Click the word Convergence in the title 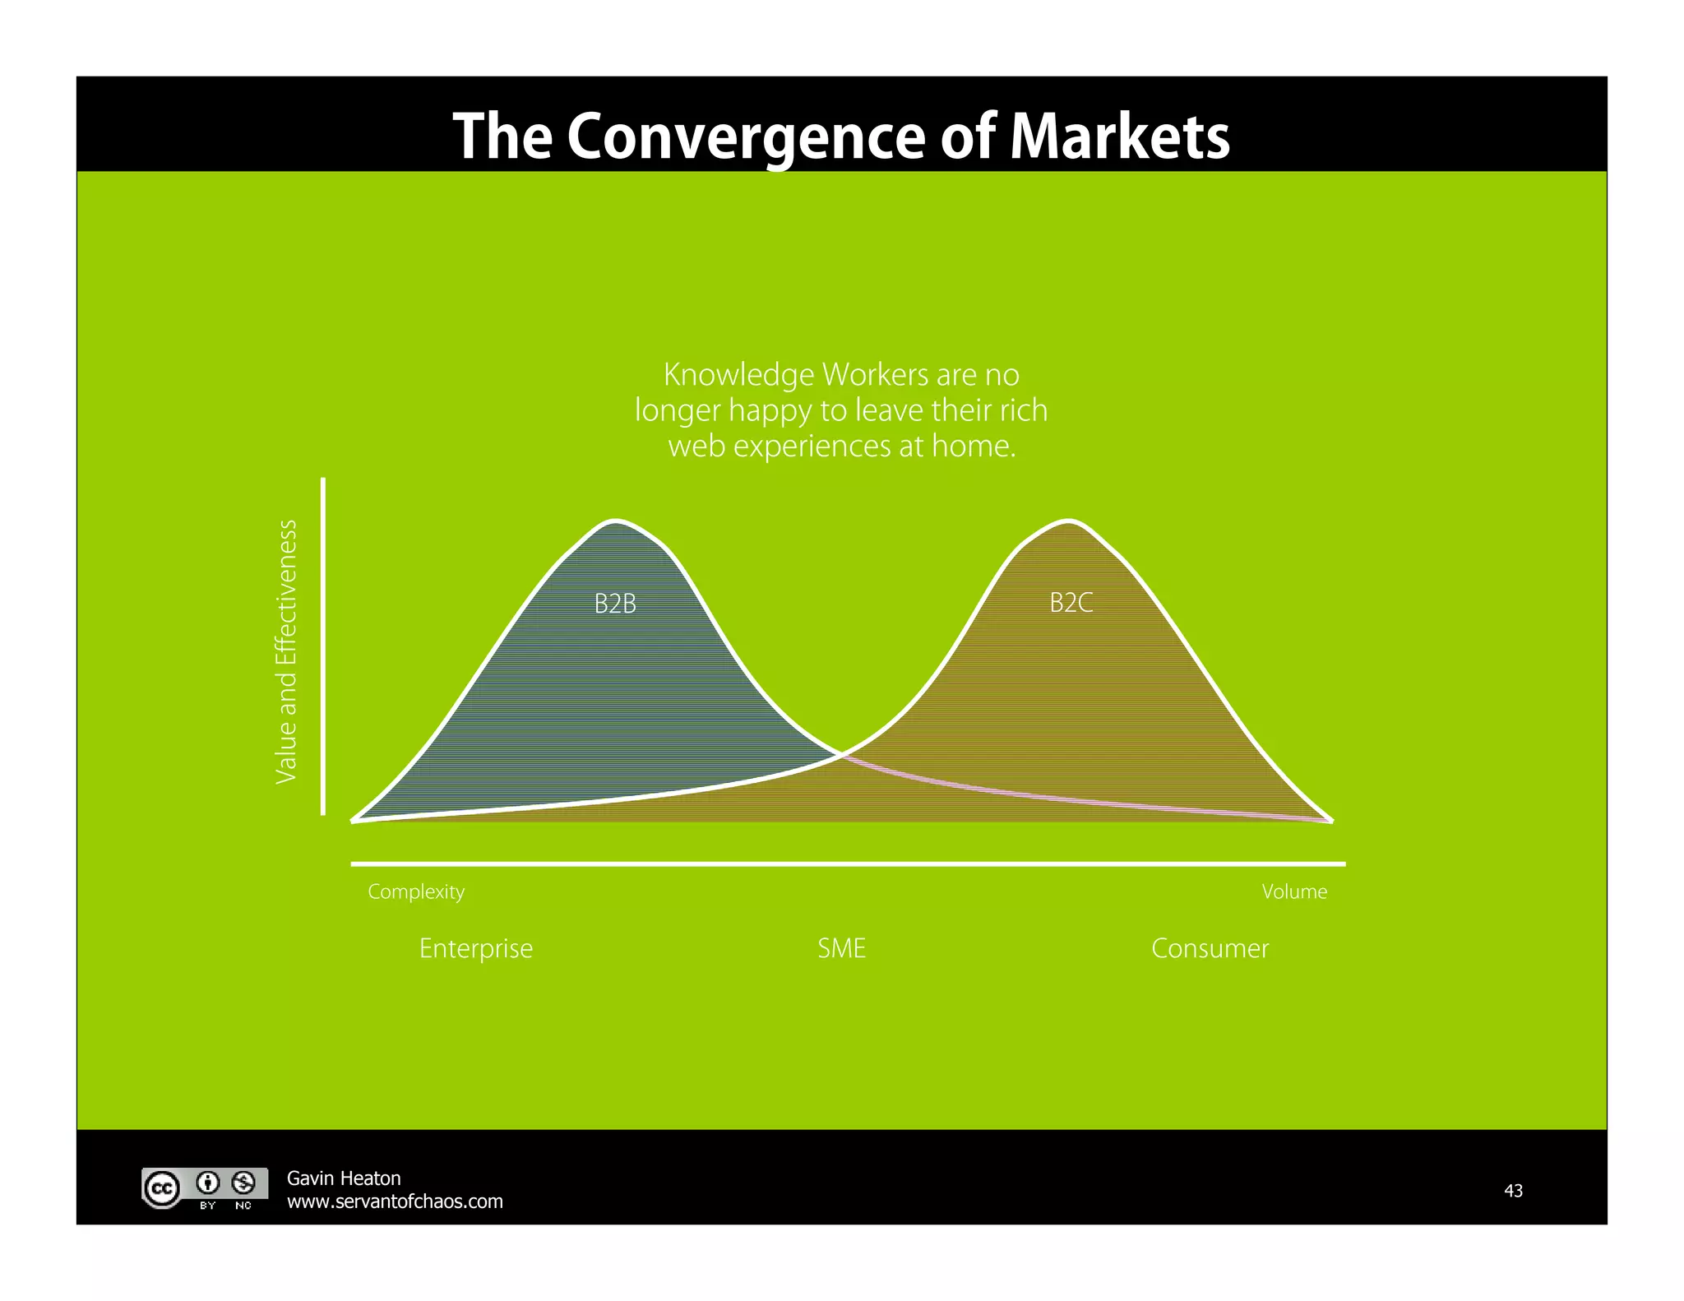[x=747, y=137]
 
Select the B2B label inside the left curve [x=615, y=604]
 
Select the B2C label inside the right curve [x=1071, y=604]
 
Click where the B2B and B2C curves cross [x=841, y=753]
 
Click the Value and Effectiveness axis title [x=285, y=651]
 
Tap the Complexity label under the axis [x=416, y=891]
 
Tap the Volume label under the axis [x=1293, y=891]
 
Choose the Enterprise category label [x=475, y=948]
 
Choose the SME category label [x=841, y=948]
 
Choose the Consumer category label [x=1210, y=948]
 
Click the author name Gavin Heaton [x=343, y=1178]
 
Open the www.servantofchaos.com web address [x=395, y=1201]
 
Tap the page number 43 [x=1513, y=1190]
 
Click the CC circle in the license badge [x=162, y=1188]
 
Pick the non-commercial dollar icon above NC [x=243, y=1183]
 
